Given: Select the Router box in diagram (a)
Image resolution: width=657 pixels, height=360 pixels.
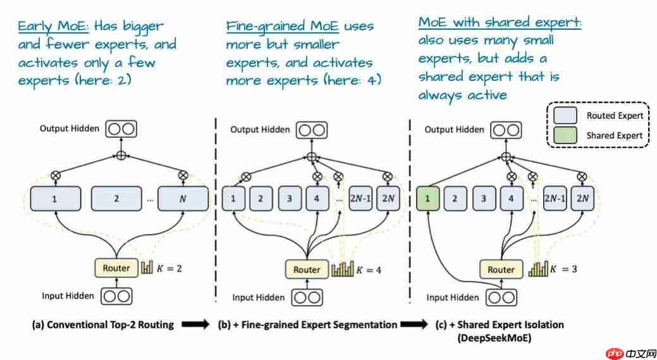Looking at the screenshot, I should click(116, 268).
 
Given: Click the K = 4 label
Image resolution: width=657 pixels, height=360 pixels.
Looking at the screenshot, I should click(369, 270).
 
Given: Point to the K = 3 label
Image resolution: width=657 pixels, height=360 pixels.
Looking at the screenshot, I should click(563, 270).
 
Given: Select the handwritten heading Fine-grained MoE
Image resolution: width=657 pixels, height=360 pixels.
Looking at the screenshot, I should click(283, 27).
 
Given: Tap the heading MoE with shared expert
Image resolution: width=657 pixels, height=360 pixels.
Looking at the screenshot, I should click(500, 23).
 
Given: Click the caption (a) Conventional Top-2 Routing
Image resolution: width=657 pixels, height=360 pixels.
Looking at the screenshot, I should click(103, 325).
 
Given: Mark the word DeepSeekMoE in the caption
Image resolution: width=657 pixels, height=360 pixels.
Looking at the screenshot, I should click(500, 338).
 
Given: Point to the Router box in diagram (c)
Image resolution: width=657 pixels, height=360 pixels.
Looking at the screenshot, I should click(501, 270).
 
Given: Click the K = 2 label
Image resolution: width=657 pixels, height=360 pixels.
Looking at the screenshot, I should click(171, 268).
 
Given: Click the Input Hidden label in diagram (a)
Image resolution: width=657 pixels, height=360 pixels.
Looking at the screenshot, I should click(68, 295).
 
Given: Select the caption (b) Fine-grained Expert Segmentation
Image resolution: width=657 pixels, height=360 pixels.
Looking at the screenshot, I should click(307, 325).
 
